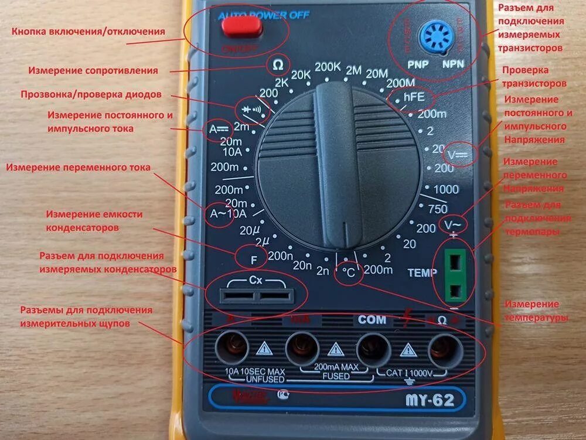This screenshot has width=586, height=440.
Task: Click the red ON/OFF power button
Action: tap(241, 26)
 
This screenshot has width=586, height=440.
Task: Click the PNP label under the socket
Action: tap(417, 63)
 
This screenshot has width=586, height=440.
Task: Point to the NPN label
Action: tap(454, 63)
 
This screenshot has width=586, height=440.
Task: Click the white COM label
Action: tap(372, 320)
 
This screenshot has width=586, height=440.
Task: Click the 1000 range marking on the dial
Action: tap(445, 189)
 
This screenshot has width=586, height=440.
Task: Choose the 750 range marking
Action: tap(438, 209)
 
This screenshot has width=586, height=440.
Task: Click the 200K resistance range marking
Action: tap(327, 66)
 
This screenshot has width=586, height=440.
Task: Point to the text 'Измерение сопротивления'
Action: tap(93, 70)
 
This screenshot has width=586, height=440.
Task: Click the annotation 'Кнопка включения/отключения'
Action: tap(88, 31)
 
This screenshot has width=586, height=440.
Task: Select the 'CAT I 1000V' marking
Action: tap(409, 373)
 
